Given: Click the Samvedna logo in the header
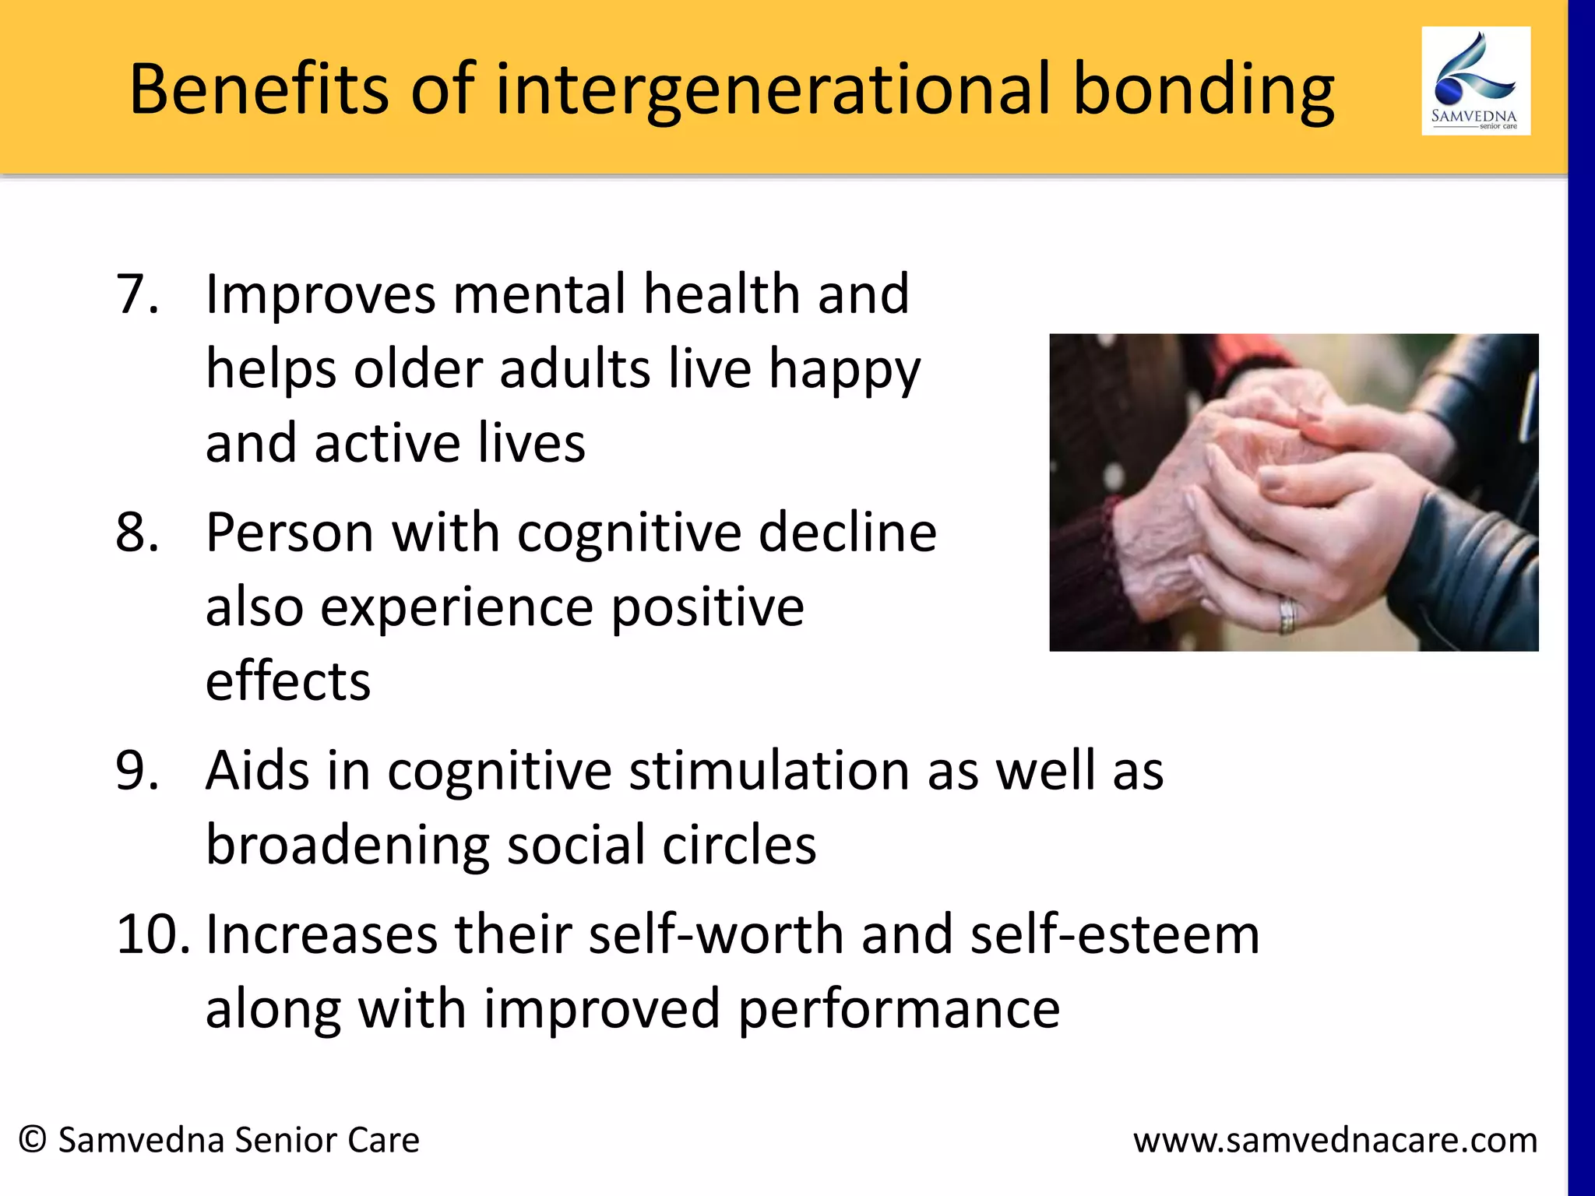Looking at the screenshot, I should coord(1475,81).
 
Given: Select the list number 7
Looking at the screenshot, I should coord(137,294).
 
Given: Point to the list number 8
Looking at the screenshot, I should coord(137,533).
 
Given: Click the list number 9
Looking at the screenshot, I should coord(137,771).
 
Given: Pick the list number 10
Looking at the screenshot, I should coord(153,934).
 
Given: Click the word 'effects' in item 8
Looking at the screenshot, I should coord(287,681).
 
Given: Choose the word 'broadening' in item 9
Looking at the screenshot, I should coord(347,846).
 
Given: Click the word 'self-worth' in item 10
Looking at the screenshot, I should coord(716,934).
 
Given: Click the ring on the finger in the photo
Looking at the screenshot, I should coord(1287,615).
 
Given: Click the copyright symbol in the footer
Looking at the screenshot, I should coord(33,1139).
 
